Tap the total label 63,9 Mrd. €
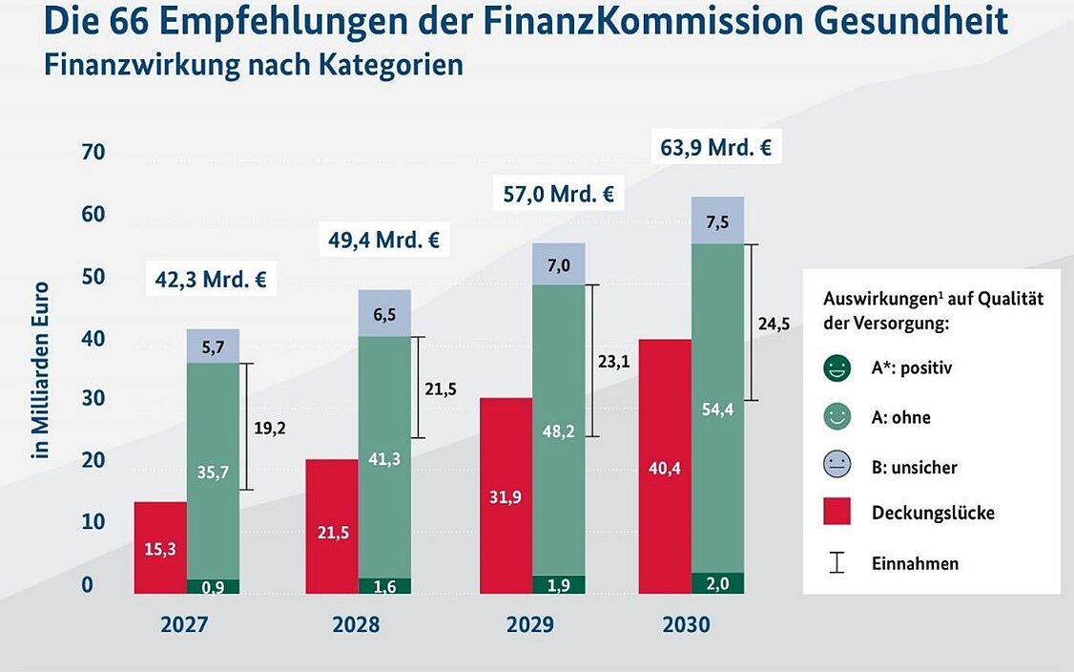pyautogui.click(x=715, y=148)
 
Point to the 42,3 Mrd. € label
pyautogui.click(x=211, y=281)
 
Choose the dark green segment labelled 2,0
pyautogui.click(x=717, y=583)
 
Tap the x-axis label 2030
pyautogui.click(x=686, y=625)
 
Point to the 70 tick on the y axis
pyautogui.click(x=92, y=153)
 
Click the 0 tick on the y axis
pyautogui.click(x=87, y=584)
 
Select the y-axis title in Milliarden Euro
pyautogui.click(x=40, y=369)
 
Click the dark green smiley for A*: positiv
pyautogui.click(x=836, y=367)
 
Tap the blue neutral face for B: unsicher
pyautogui.click(x=836, y=467)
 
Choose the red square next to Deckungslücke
pyautogui.click(x=836, y=513)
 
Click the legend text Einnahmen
pyautogui.click(x=915, y=563)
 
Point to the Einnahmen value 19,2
pyautogui.click(x=271, y=429)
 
